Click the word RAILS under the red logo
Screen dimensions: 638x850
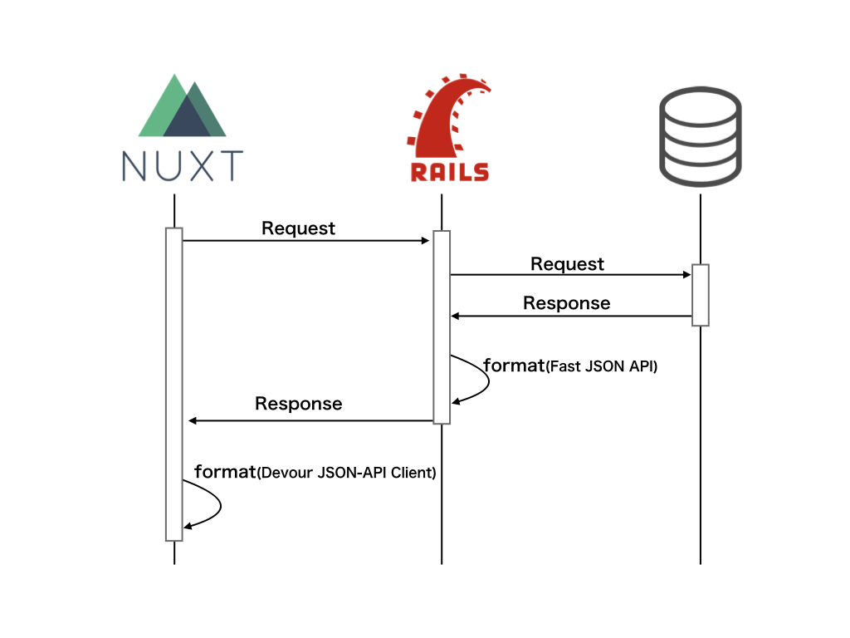[449, 171]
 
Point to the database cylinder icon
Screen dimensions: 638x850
[700, 138]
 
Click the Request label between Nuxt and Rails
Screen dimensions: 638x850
[299, 228]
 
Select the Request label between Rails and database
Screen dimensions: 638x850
[568, 264]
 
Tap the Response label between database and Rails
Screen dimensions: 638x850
[566, 303]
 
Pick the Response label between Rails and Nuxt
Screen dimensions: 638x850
[298, 404]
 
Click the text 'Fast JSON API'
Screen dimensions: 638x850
[602, 366]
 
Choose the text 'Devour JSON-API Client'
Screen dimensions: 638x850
[346, 474]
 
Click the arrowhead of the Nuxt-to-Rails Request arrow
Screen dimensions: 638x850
[425, 241]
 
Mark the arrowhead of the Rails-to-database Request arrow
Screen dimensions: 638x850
[687, 274]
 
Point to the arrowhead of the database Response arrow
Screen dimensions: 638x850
[456, 316]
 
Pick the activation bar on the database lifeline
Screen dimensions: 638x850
[701, 295]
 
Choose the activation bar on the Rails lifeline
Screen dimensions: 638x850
[442, 327]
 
